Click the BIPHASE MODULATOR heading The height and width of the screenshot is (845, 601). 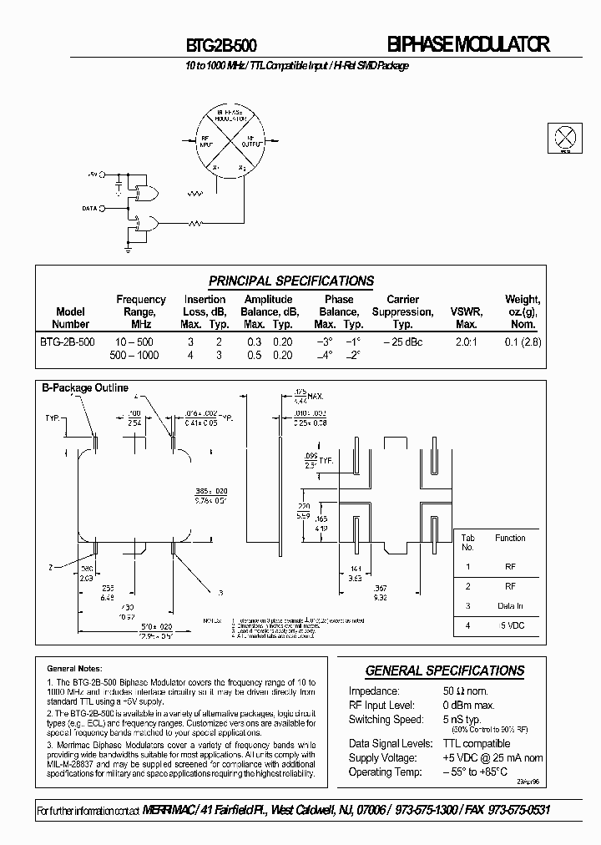(469, 46)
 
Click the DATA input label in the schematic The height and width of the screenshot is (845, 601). (90, 208)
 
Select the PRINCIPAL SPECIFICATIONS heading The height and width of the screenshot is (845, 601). (290, 281)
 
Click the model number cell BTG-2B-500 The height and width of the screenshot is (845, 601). (68, 342)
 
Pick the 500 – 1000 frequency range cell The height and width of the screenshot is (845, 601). (134, 355)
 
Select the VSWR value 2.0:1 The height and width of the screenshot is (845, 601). (466, 342)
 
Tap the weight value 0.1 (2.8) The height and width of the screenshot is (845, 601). (523, 342)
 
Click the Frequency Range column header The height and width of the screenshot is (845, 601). (140, 311)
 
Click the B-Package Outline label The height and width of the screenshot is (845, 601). (85, 387)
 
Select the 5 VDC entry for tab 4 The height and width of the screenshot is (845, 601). (510, 625)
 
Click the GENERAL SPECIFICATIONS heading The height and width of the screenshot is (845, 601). (445, 670)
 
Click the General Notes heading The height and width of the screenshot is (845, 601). (74, 668)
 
